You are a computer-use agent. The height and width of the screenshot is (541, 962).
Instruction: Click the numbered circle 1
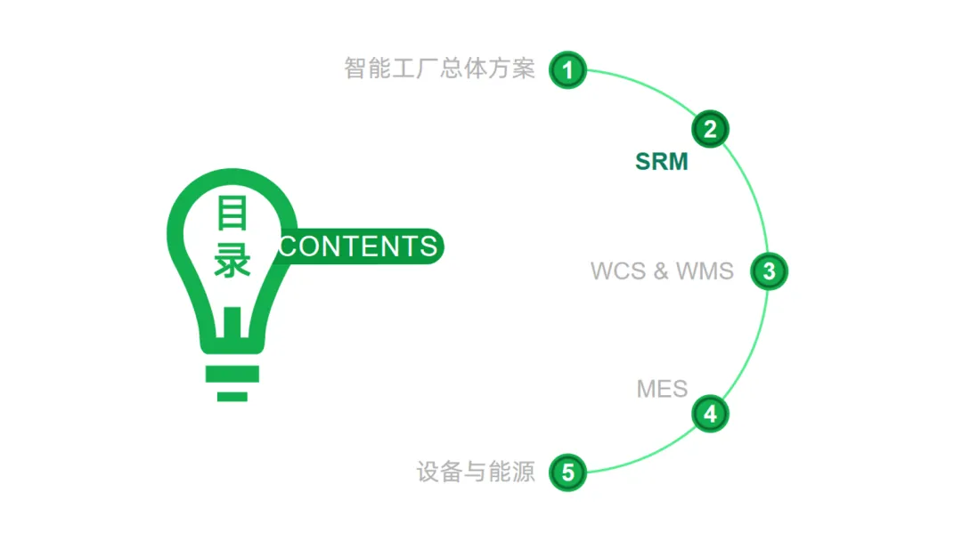point(567,69)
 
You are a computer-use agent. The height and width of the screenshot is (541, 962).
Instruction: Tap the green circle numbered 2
point(710,129)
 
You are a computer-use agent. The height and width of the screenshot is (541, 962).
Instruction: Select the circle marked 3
point(769,271)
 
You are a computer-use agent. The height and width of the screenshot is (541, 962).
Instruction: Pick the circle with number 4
point(710,414)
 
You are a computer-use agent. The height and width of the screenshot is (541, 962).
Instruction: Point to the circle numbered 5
point(567,472)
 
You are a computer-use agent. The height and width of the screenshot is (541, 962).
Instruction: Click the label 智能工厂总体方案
point(439,69)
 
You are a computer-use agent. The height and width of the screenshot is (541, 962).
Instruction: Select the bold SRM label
point(662,161)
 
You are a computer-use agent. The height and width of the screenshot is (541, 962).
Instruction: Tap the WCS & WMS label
point(662,271)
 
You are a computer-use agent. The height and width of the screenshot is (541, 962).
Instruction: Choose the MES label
point(662,389)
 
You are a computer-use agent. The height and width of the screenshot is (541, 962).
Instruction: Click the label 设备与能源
point(476,472)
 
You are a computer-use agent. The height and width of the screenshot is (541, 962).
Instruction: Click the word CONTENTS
point(358,246)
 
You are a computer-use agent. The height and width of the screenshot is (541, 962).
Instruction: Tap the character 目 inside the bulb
point(232,214)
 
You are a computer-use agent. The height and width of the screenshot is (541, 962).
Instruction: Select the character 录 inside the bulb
point(232,261)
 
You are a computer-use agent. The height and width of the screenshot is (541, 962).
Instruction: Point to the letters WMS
point(705,271)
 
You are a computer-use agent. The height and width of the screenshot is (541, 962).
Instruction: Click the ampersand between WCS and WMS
point(661,271)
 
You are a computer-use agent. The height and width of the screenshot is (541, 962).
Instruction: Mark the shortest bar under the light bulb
point(232,396)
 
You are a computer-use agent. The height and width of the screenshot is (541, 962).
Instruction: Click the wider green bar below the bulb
point(232,374)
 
